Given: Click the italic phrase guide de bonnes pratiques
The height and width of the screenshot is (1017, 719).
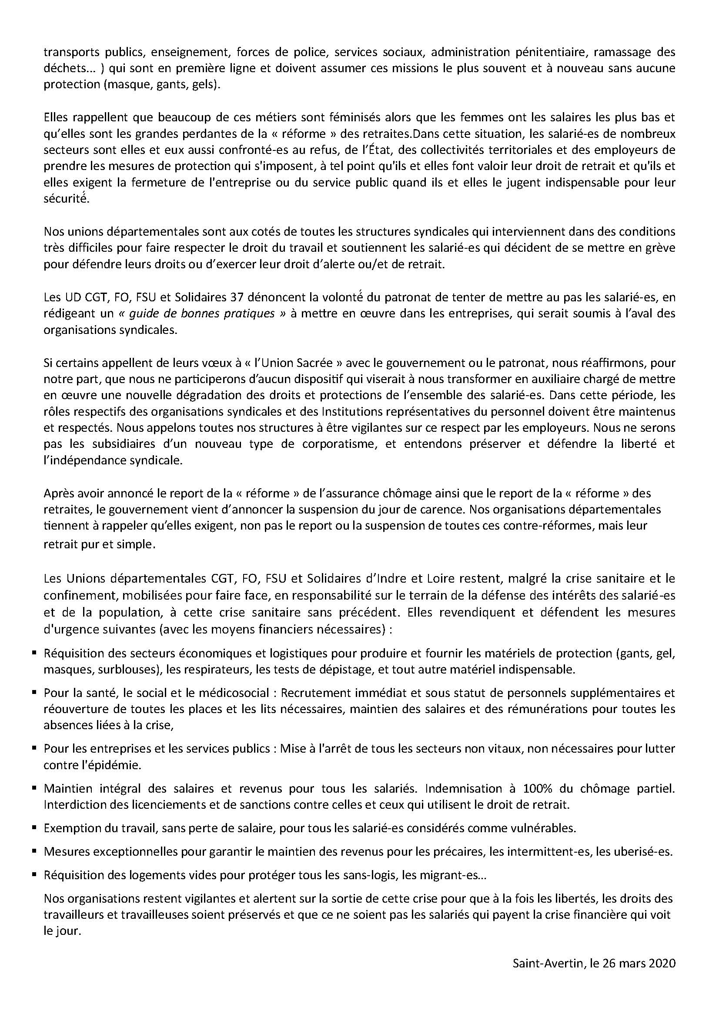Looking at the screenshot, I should point(201,313).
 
